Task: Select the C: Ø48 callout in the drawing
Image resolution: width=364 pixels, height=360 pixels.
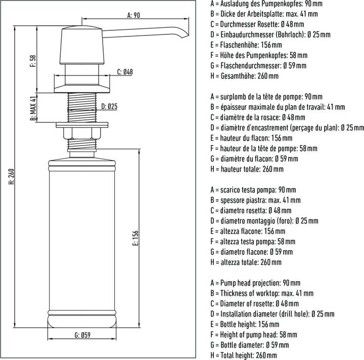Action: click(x=125, y=72)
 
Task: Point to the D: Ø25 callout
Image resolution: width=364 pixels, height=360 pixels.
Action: click(x=109, y=107)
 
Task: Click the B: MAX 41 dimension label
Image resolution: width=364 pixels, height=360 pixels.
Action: click(x=32, y=109)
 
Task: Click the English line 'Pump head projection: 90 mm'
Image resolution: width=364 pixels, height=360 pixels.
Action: click(x=255, y=283)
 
